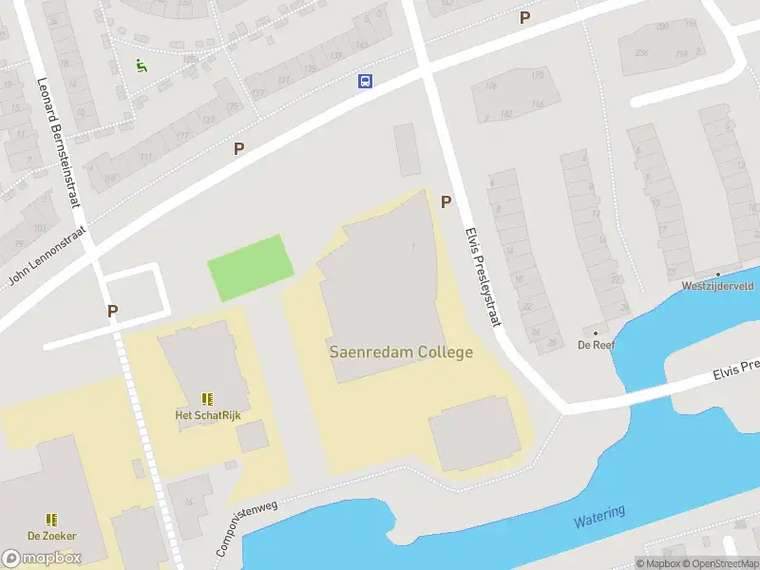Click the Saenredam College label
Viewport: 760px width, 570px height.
click(401, 351)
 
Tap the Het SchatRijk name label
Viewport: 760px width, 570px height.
click(206, 415)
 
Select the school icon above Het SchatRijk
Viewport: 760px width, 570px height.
click(207, 399)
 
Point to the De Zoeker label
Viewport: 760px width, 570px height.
click(52, 535)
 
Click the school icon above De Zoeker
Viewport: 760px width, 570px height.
click(52, 519)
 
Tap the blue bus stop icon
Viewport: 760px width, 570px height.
click(365, 81)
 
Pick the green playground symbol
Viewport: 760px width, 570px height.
click(141, 66)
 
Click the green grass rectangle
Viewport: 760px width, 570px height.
click(251, 267)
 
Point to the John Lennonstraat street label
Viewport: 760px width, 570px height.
click(47, 256)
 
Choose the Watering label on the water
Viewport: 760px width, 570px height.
click(599, 518)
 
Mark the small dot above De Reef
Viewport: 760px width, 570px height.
click(596, 333)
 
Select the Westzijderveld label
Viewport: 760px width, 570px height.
click(718, 285)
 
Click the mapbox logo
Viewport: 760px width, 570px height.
click(42, 558)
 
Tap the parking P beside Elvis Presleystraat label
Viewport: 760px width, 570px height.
click(446, 200)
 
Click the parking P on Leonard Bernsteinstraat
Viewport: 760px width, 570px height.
click(112, 311)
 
